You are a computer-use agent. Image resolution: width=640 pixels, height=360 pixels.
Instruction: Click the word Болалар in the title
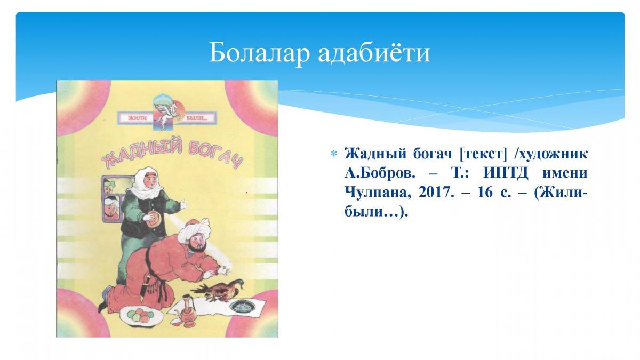pos(259,53)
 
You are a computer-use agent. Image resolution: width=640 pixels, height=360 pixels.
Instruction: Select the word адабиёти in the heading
pos(374,53)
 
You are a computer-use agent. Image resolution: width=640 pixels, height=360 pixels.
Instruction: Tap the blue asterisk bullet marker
pos(333,154)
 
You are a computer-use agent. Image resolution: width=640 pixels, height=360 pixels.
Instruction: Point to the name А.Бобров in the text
pos(380,173)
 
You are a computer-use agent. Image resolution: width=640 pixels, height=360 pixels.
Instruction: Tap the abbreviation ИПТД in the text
pos(506,173)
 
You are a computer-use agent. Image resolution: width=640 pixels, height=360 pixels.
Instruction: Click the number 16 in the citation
pos(485,193)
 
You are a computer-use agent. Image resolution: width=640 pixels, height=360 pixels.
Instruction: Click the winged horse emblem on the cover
pos(166,113)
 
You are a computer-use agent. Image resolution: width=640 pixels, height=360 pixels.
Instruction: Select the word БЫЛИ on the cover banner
pos(197,118)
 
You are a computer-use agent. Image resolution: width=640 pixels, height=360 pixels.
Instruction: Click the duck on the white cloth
pos(219,290)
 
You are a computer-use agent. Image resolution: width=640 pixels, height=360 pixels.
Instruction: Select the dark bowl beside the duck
pos(243,307)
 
